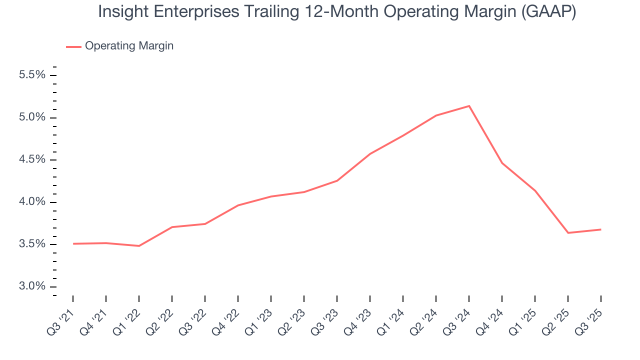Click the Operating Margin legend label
(x=129, y=46)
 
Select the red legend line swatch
(x=73, y=46)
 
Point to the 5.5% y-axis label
(x=32, y=75)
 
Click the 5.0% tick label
(x=32, y=117)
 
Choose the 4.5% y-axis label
(x=32, y=160)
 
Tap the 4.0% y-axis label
(x=32, y=202)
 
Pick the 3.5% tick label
(x=32, y=244)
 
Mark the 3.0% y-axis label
(x=32, y=286)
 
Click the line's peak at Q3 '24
(x=469, y=106)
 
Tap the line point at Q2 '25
(x=568, y=233)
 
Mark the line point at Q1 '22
(x=139, y=246)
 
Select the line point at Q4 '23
(x=370, y=154)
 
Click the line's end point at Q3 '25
(x=600, y=229)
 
